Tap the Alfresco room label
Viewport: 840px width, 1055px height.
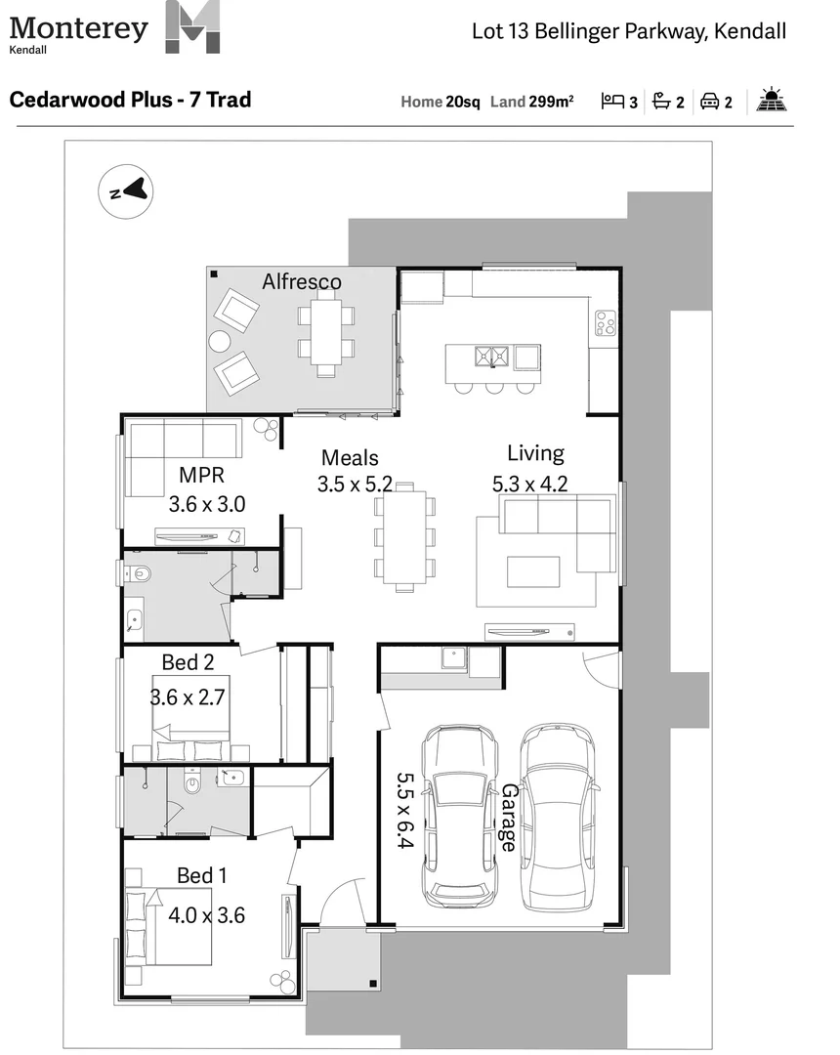302,282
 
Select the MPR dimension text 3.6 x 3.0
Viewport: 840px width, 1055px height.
206,504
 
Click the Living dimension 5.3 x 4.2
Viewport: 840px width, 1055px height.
531,483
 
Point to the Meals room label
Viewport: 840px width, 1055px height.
350,457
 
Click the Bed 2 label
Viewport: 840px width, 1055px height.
188,662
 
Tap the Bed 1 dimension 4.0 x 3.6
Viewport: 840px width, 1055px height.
206,915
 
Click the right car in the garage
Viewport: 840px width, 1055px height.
557,816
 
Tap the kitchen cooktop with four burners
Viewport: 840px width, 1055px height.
606,323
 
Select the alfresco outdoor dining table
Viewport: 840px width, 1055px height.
326,333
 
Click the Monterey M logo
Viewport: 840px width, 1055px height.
192,26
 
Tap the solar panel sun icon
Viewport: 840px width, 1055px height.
772,100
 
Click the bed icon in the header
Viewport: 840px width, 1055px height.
612,101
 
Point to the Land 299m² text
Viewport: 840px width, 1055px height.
531,101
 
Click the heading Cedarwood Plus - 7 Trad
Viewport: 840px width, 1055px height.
130,100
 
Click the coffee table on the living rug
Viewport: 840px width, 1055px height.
533,570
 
